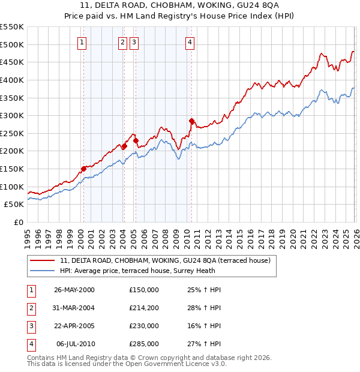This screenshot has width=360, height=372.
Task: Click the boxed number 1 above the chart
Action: (81, 42)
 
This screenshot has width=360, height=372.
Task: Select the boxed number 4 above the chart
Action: (190, 42)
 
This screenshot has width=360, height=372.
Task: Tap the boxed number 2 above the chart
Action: (122, 42)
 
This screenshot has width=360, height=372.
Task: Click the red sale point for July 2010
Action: (191, 121)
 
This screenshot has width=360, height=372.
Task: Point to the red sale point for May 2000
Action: (83, 169)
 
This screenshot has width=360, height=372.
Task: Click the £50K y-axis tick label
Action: (14, 205)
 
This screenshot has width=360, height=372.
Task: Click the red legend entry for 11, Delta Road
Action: (166, 260)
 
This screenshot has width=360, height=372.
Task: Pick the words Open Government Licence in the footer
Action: (174, 364)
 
